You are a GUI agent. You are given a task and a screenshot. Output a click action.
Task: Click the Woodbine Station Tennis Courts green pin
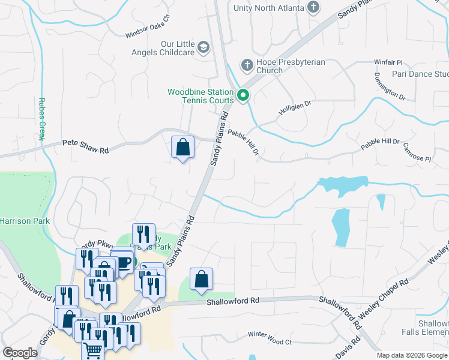[243, 95]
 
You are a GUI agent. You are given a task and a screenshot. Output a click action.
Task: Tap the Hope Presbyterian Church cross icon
[246, 64]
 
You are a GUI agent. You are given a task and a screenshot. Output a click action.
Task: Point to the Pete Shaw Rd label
[86, 147]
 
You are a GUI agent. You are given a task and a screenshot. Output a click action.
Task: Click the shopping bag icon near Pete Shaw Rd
[182, 147]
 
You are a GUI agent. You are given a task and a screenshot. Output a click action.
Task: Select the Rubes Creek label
[41, 119]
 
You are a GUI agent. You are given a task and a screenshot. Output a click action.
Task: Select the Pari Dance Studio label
[420, 74]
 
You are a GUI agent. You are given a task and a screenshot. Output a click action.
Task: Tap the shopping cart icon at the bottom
[92, 351]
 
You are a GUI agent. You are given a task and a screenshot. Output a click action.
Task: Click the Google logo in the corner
[20, 353]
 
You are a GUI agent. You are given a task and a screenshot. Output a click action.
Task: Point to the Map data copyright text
[412, 355]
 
